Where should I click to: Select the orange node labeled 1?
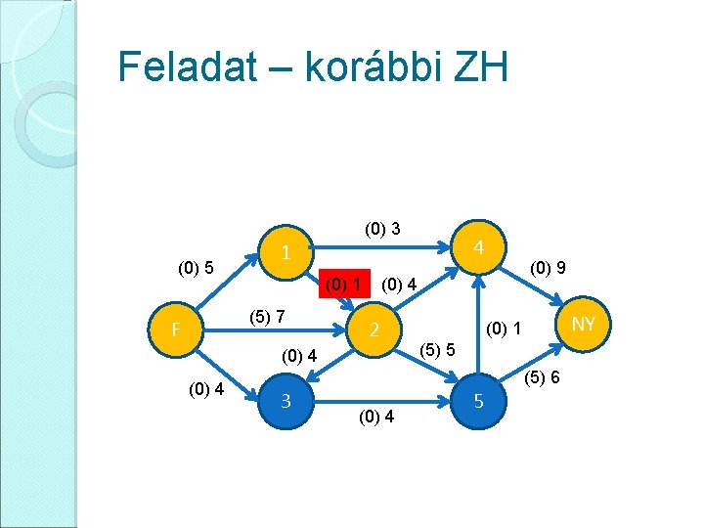(x=286, y=252)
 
